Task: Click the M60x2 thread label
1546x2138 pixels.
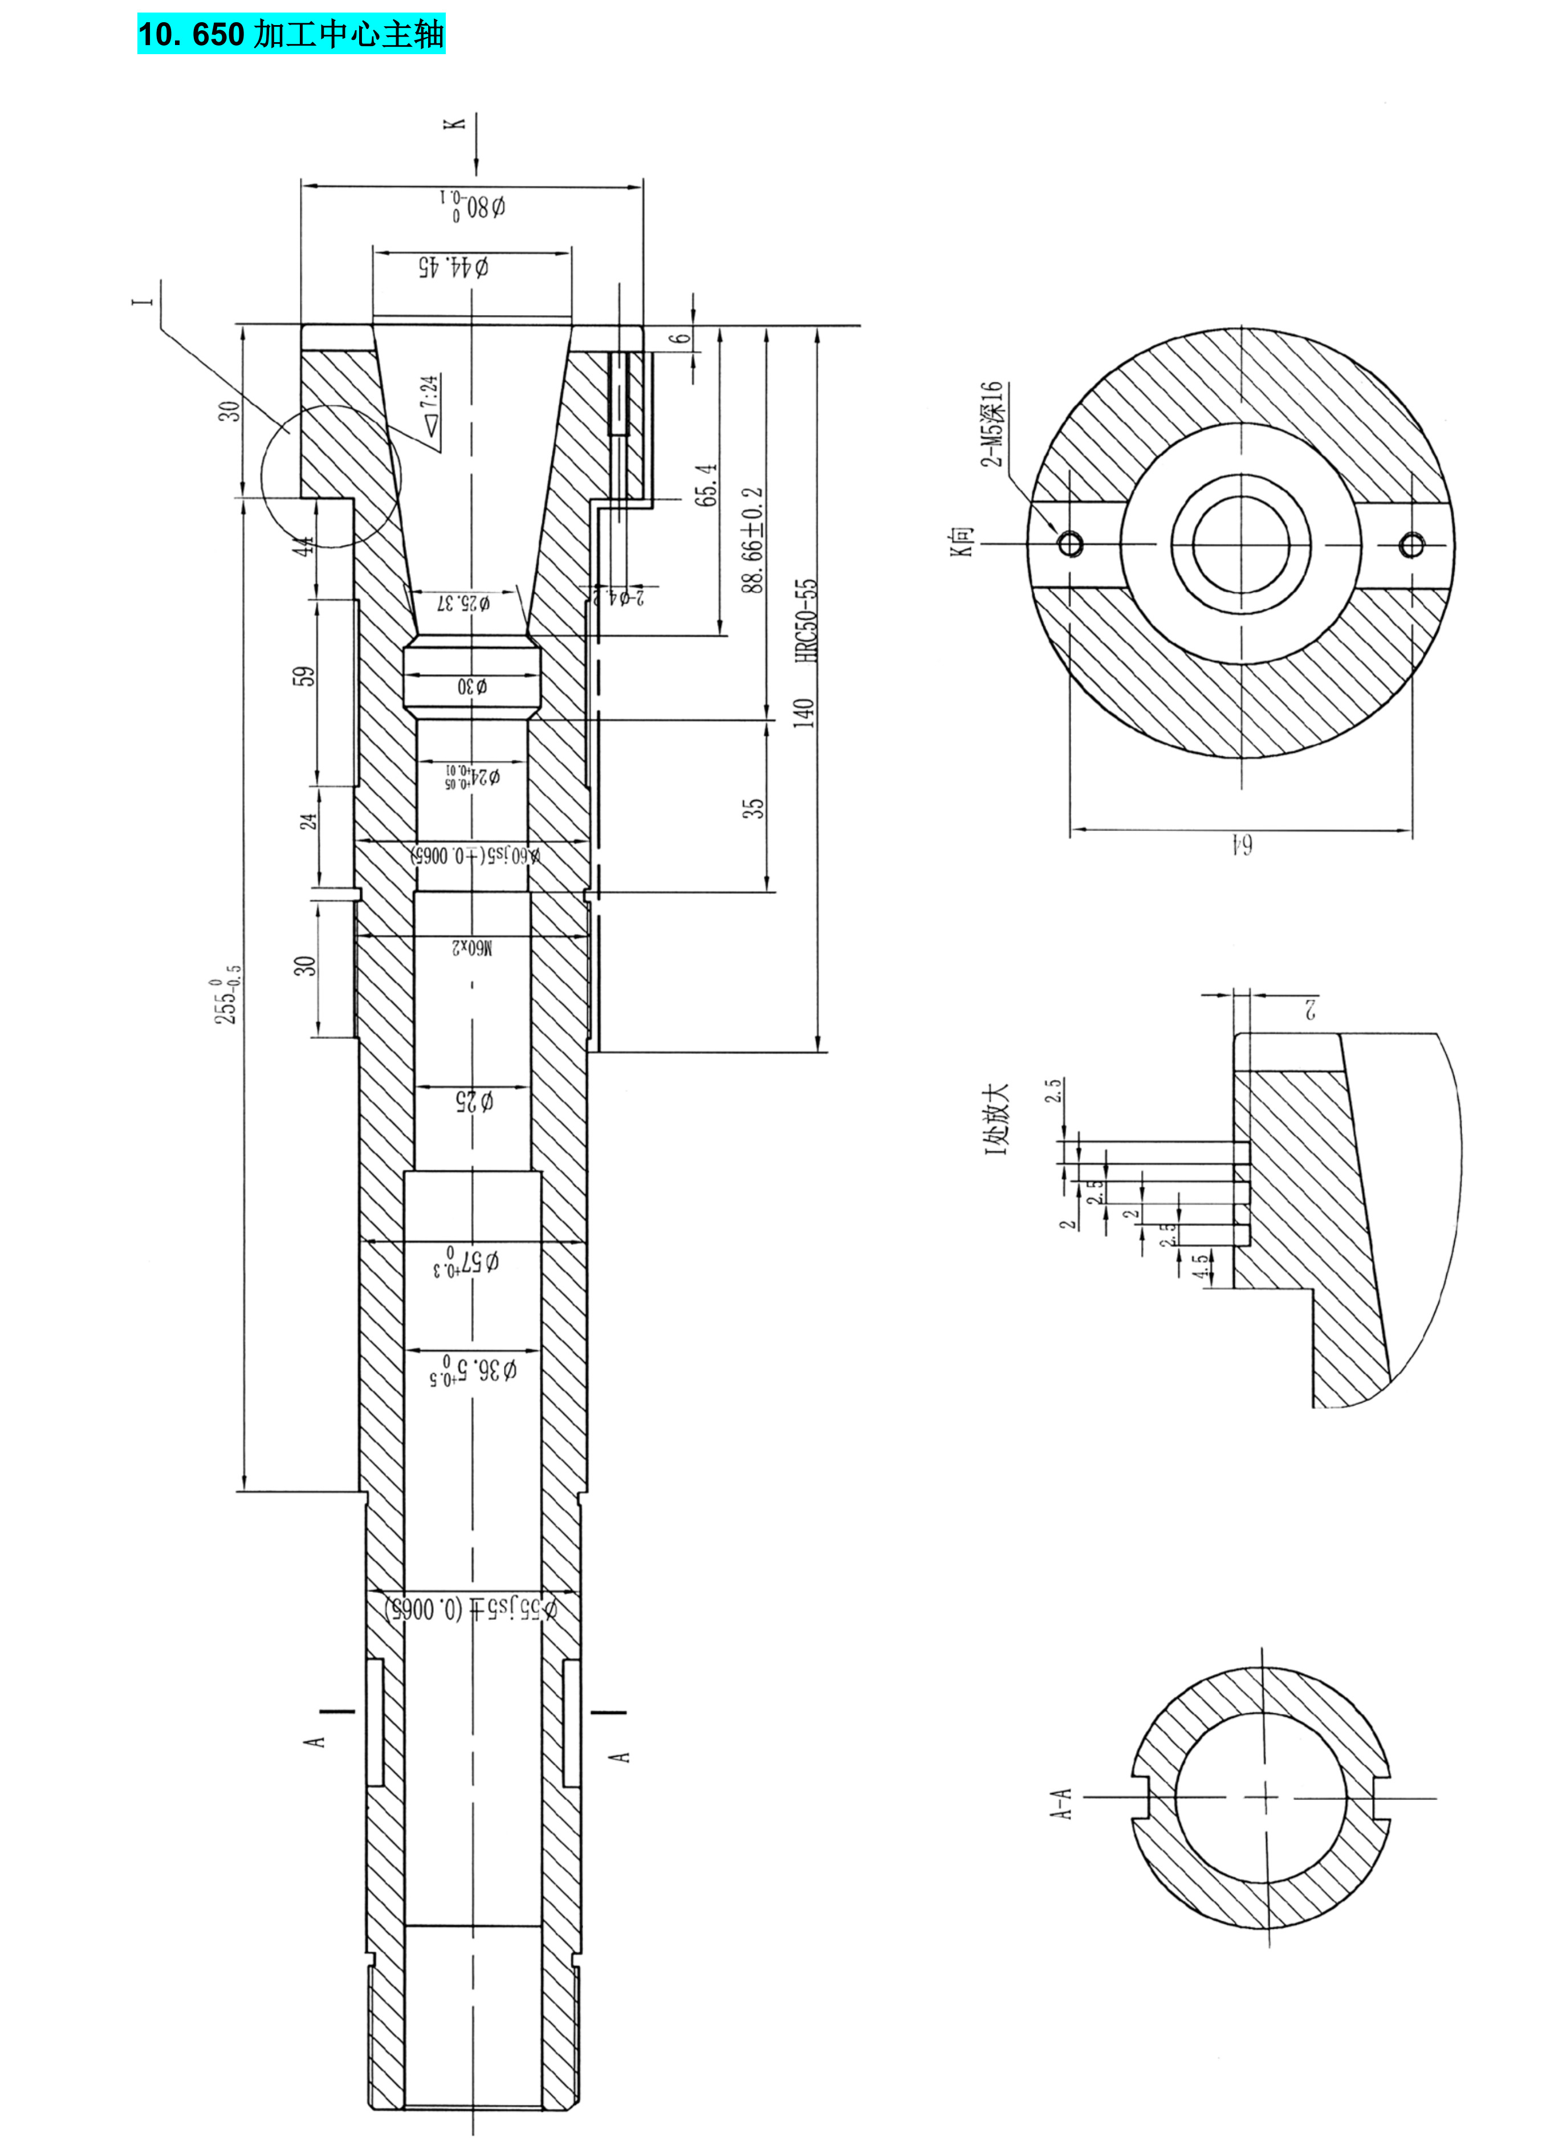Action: pos(471,946)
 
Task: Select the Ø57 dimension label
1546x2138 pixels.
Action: pos(467,1263)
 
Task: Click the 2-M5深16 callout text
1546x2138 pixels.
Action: pos(992,424)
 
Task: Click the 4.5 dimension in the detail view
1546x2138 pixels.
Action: pos(1199,1265)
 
